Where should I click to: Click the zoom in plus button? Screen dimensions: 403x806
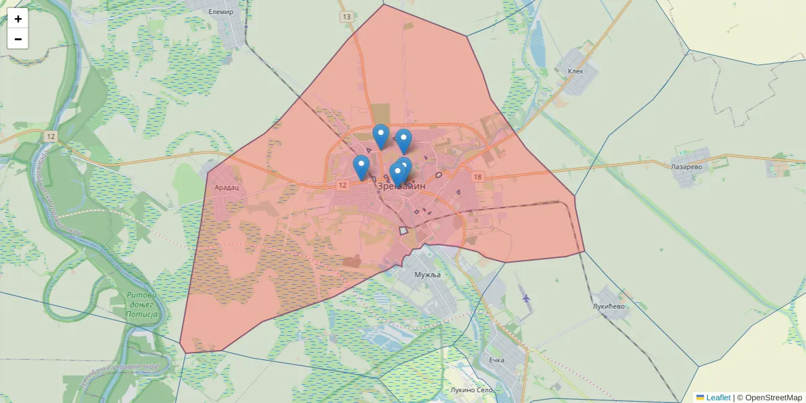18,19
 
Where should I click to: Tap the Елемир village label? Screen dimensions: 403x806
220,12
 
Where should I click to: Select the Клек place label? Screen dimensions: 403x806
576,71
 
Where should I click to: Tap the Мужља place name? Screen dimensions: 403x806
427,275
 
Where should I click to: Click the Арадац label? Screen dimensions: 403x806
227,189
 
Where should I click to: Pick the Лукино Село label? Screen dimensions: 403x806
472,390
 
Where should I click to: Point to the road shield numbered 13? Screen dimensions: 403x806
346,17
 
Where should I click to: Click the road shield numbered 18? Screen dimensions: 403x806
478,177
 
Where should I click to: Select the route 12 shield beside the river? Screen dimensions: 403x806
52,136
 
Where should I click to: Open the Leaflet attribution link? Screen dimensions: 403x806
717,398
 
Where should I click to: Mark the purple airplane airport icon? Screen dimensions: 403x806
525,297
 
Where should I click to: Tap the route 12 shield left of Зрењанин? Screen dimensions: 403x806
343,185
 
